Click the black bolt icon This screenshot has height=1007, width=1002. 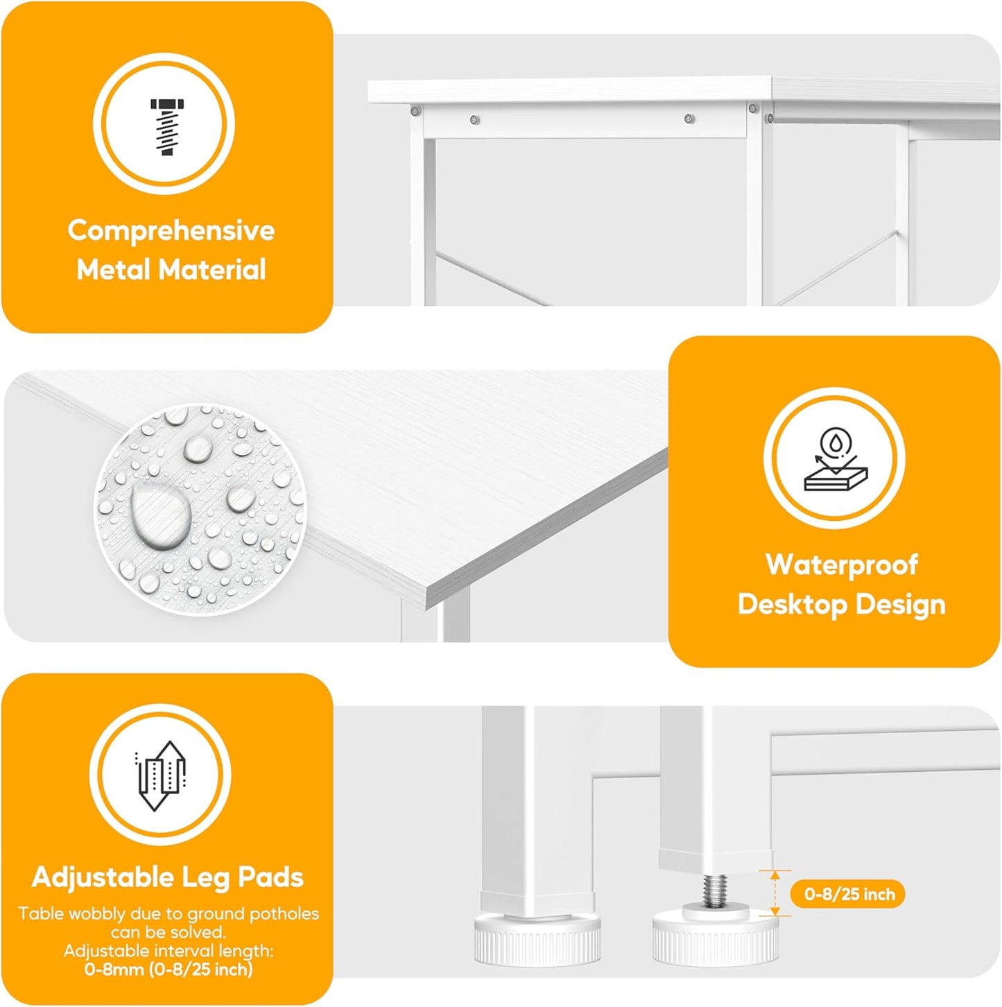coord(167,127)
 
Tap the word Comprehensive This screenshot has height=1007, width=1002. coord(171,231)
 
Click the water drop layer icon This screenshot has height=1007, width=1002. coord(836,459)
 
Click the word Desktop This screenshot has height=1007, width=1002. coord(793,605)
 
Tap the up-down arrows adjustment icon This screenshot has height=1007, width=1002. coord(160,775)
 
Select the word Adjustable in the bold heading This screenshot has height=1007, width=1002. coord(103,878)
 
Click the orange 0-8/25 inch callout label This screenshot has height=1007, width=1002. coord(847,894)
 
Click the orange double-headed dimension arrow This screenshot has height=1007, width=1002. coord(775,893)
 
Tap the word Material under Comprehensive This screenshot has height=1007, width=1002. coord(212,270)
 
